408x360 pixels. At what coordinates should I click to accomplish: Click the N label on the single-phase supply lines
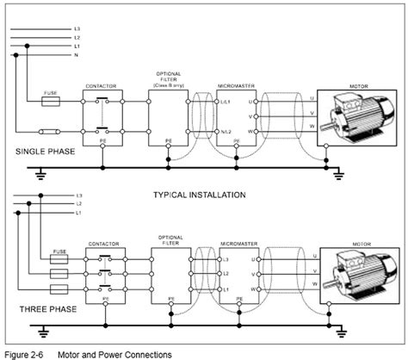coord(77,55)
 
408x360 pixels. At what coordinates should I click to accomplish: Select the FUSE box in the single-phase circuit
coord(51,101)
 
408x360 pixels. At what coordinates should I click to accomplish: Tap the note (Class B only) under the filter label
coord(168,86)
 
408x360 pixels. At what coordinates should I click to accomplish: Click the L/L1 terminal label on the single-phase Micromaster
coord(226,102)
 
